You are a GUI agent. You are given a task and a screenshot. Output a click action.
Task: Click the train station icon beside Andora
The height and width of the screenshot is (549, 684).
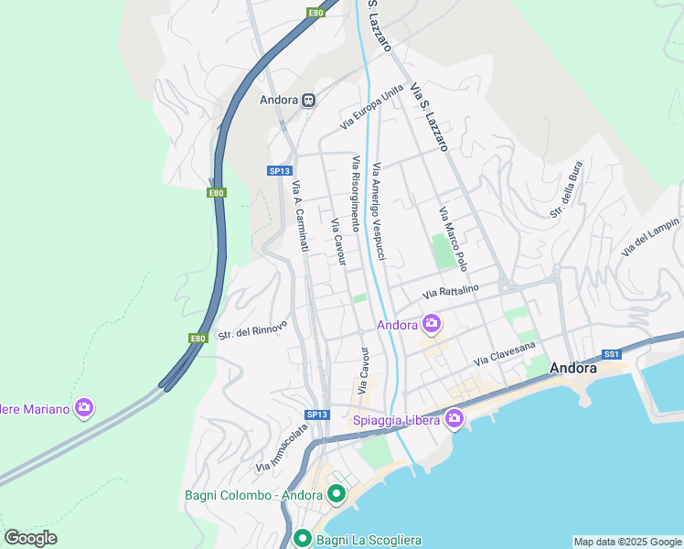coord(310,100)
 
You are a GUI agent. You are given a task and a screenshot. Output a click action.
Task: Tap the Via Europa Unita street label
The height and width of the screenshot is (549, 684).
coord(371,106)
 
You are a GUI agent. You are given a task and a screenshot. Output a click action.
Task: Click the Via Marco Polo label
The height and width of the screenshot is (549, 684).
coord(453,239)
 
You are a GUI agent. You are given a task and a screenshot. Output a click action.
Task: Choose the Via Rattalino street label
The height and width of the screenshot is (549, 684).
coord(451,292)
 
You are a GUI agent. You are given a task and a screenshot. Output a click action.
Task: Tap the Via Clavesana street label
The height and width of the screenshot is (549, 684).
coord(503,354)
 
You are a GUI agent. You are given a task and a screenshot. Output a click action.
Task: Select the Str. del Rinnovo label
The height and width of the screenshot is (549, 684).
coord(252,329)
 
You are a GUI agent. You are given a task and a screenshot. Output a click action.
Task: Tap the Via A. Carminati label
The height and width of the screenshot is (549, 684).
coord(300,216)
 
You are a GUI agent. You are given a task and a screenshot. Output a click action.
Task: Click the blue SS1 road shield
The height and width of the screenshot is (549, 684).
coord(612,353)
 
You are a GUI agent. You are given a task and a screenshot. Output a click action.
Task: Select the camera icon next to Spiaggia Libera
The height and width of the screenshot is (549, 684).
coord(454,419)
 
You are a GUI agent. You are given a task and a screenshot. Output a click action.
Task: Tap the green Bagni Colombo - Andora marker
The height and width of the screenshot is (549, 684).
coord(337,495)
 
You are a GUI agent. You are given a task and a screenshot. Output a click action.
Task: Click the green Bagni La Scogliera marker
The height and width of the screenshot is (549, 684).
coord(303,539)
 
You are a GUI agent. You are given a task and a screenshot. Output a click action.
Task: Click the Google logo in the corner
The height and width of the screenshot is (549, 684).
coord(30,538)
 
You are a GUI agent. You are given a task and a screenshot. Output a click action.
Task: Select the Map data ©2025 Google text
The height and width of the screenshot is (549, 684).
coord(626,542)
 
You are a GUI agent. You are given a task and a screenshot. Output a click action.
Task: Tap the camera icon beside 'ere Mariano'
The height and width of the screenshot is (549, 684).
coord(84,407)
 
